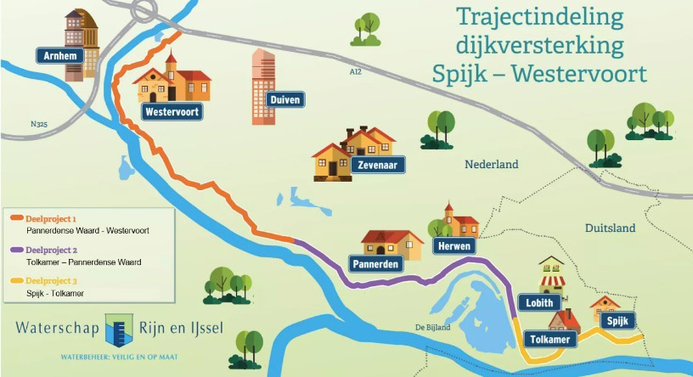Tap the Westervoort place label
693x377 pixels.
click(172, 111)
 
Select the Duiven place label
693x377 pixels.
click(285, 99)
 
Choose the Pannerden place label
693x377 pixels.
click(378, 264)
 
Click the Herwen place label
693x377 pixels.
click(452, 246)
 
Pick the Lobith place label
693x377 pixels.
click(539, 303)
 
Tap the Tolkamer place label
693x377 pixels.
click(548, 340)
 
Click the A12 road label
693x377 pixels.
click(355, 73)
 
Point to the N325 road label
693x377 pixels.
click(38, 124)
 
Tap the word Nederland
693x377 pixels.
click(491, 165)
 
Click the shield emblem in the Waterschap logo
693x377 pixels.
click(119, 329)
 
